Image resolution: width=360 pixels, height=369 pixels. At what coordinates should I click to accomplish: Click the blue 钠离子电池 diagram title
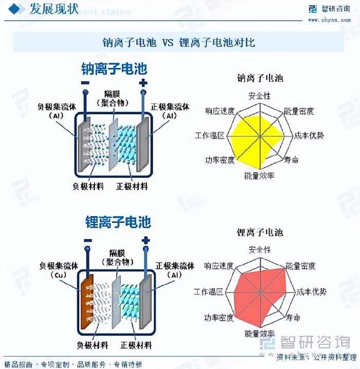click(114, 69)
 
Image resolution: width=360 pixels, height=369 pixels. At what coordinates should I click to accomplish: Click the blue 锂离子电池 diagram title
click(118, 222)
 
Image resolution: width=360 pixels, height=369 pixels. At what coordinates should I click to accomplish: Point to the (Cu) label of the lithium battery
click(57, 275)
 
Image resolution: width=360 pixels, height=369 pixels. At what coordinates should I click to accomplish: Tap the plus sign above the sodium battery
click(143, 83)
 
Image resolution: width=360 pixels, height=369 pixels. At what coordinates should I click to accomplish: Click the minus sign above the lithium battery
click(88, 240)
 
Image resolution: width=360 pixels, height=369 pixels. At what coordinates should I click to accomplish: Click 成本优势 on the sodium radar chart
click(309, 135)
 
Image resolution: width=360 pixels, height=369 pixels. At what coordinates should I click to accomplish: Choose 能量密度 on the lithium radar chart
click(300, 266)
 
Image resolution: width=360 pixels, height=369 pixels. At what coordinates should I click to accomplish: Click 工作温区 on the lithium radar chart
click(209, 291)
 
